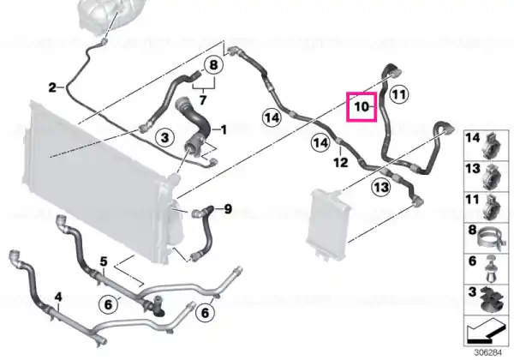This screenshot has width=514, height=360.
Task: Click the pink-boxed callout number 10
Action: (362, 106)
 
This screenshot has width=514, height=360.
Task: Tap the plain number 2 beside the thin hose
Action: (52, 87)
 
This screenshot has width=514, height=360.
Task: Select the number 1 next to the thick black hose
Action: (224, 130)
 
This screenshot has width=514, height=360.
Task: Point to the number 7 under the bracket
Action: (203, 99)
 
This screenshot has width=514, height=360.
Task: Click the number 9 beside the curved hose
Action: (228, 209)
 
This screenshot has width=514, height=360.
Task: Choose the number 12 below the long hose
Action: (341, 162)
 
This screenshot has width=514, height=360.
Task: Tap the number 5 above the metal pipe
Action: (104, 261)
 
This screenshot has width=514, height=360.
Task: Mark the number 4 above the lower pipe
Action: (58, 297)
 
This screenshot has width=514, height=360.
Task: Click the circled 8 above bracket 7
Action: (213, 65)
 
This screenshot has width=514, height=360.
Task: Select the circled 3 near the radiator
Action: (164, 137)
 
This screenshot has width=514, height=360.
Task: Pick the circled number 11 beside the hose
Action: (399, 95)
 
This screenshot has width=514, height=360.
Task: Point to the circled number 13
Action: (381, 188)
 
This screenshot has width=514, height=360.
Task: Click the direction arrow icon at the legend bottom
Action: (485, 332)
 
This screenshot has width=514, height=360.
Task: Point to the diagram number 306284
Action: (488, 353)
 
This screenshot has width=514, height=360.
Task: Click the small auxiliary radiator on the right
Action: (329, 222)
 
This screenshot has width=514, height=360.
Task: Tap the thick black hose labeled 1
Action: (194, 124)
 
